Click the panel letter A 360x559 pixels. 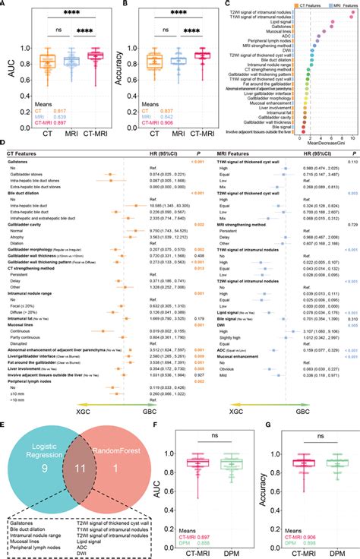click(5, 5)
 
